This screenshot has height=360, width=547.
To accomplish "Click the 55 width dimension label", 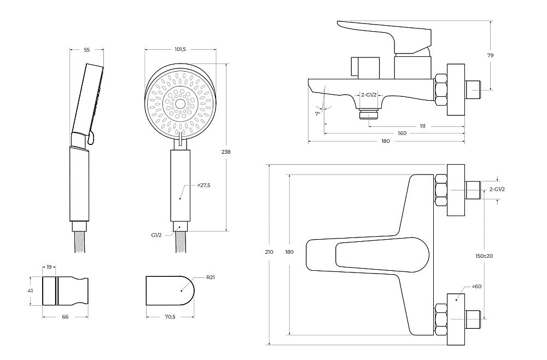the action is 87,50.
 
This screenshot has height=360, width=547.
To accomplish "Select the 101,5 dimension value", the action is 181,50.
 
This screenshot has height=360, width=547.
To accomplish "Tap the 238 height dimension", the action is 226,152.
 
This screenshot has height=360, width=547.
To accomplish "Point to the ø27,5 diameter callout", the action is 203,185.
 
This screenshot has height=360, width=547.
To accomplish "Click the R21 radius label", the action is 211,278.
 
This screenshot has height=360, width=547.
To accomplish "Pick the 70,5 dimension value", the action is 170,317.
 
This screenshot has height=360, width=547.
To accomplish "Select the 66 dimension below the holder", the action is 65,317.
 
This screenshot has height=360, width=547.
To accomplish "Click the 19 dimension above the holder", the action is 49,267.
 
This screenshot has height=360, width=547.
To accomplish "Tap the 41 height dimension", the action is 30,291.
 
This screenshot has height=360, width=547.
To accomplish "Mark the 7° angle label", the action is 317,114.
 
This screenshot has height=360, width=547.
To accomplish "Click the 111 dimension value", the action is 423,126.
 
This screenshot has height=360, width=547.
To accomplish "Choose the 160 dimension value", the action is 402,133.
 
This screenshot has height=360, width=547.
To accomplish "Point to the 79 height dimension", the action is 491,55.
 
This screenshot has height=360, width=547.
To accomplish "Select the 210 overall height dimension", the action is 269,252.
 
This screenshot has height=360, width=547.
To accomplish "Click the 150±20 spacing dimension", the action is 484,256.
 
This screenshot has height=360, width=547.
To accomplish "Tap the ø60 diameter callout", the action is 477,286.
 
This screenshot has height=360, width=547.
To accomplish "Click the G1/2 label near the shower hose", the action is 156,235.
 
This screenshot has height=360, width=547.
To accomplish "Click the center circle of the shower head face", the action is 181,103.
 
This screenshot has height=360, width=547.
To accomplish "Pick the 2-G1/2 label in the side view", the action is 369,95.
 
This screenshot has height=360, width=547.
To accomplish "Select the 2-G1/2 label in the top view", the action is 497,189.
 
